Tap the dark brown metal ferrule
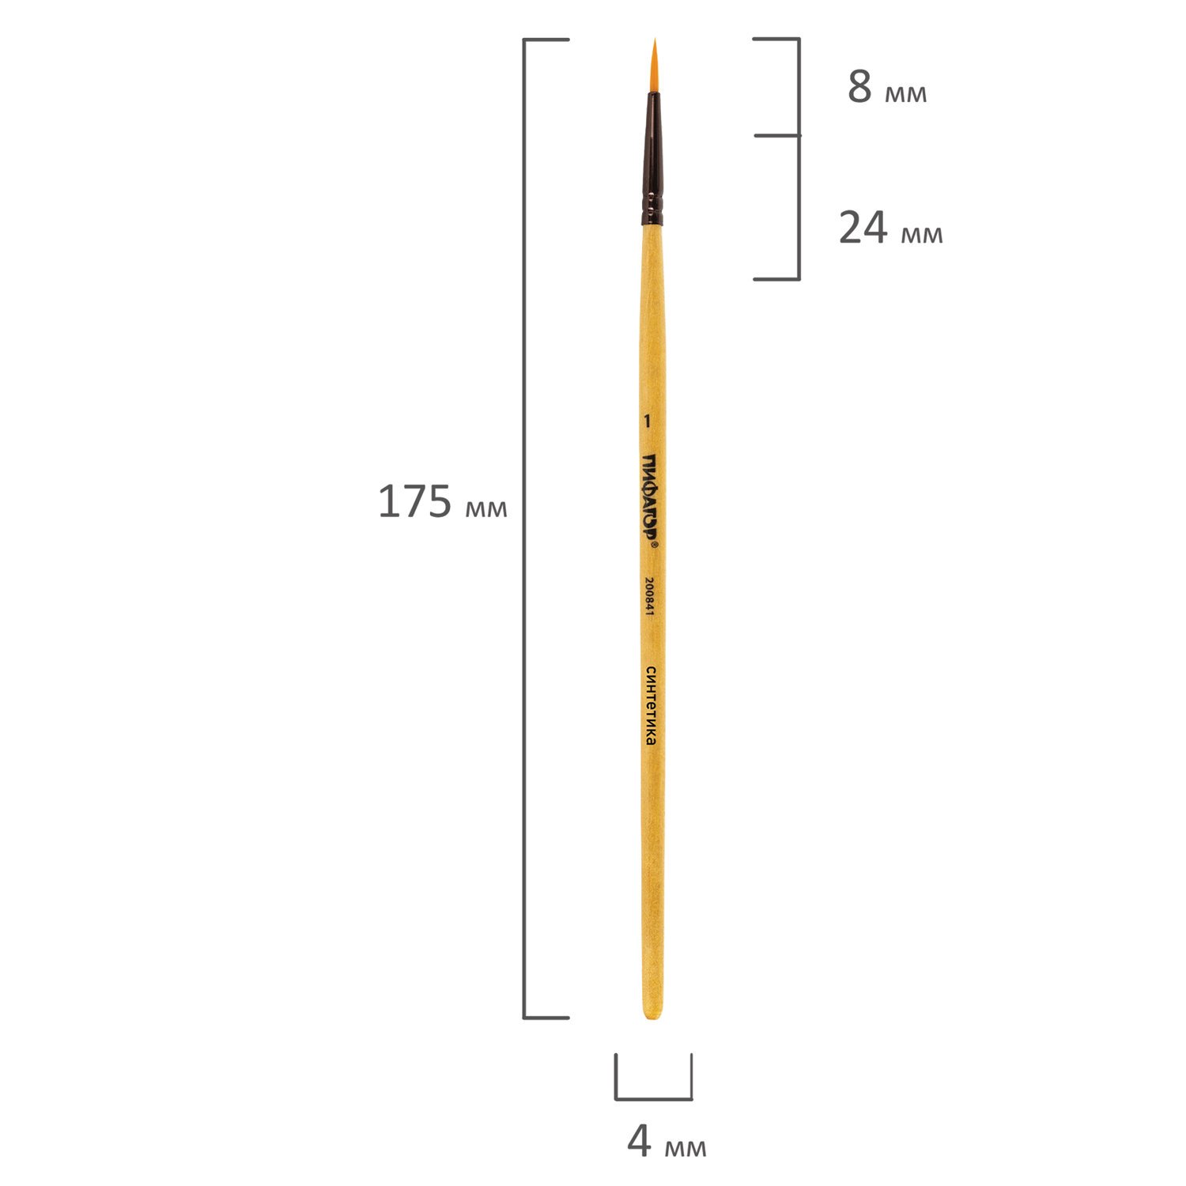click(652, 158)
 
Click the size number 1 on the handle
click(647, 421)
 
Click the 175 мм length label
click(442, 502)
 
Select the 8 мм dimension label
click(886, 88)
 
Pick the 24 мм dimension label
click(890, 229)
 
